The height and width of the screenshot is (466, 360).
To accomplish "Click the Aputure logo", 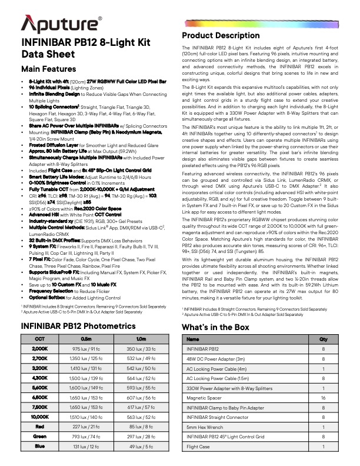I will (62, 24).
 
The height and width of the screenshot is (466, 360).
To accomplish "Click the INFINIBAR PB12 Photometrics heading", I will (79, 327).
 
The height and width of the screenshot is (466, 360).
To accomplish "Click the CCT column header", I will (40, 339).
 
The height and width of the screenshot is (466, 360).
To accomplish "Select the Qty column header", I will (323, 339).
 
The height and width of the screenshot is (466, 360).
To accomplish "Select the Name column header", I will (192, 339).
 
